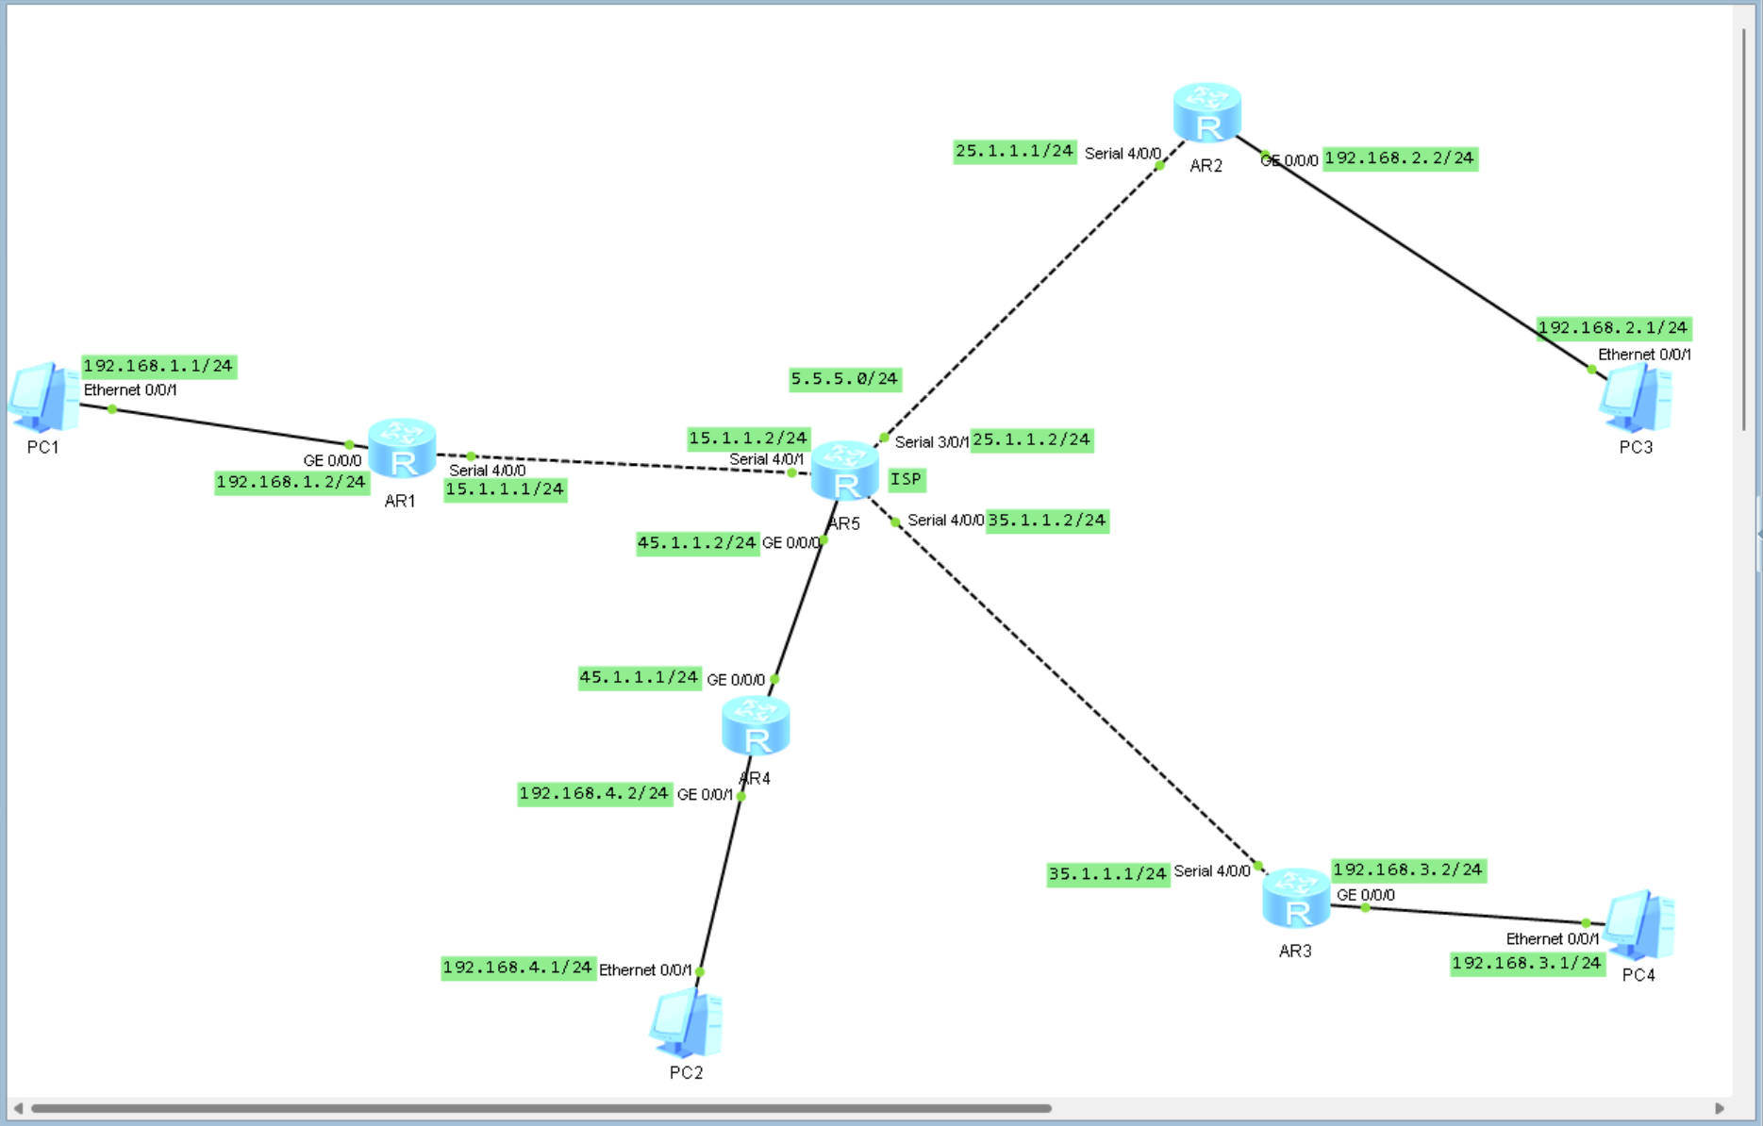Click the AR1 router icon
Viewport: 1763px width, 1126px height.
[402, 449]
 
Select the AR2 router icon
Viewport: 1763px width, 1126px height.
[1206, 113]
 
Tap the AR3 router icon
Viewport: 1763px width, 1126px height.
[1296, 899]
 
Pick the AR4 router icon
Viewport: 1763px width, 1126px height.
[756, 726]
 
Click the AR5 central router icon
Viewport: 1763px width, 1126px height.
[844, 471]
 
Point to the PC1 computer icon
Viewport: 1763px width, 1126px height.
[43, 396]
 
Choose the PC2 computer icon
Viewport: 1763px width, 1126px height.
[687, 1024]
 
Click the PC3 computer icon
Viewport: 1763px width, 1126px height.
[1636, 399]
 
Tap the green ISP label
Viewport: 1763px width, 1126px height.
[906, 479]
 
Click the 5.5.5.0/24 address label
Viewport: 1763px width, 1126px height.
[845, 379]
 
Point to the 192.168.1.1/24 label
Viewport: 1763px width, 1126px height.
[158, 366]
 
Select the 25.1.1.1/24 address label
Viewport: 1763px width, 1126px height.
[1014, 151]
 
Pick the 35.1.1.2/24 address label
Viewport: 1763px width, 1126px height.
[1047, 521]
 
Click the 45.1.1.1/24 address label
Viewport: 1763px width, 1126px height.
[639, 677]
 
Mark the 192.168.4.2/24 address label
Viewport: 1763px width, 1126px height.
[594, 793]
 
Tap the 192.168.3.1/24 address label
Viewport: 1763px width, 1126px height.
[1526, 963]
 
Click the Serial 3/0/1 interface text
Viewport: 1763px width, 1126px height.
[931, 442]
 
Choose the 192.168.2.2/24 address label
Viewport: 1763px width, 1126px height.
[1399, 158]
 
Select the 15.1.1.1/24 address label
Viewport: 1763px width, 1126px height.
[505, 489]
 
